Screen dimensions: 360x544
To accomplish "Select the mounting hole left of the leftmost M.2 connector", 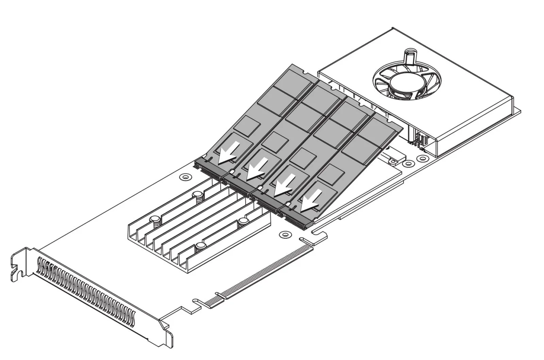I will tap(185, 177).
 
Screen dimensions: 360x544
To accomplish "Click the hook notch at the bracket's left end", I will tap(15, 272).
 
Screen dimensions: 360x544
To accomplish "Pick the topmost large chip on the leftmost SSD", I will tap(292, 82).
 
